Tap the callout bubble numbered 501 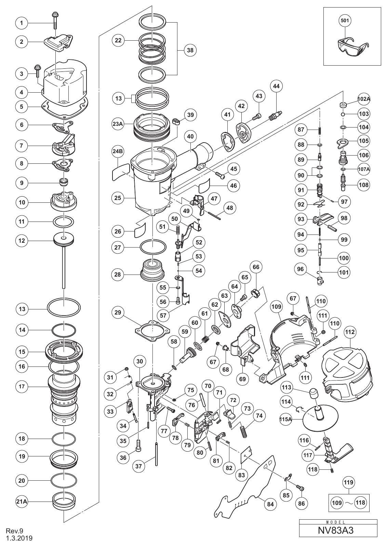pos(345,21)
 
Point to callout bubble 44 pos(276,86)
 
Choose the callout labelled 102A pos(363,99)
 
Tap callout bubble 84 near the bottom pos(270,504)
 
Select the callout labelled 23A pos(118,124)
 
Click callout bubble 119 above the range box pos(348,482)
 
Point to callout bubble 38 pos(190,50)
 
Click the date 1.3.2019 pos(19,538)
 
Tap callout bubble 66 pos(256,267)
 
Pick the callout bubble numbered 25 pos(118,198)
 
